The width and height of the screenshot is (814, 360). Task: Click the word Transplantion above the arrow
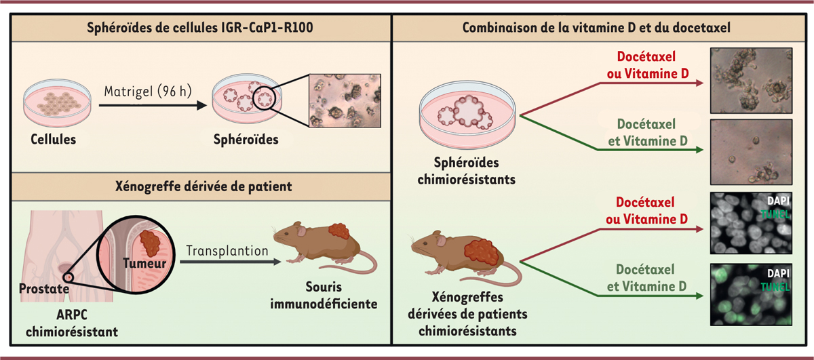(x=225, y=250)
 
